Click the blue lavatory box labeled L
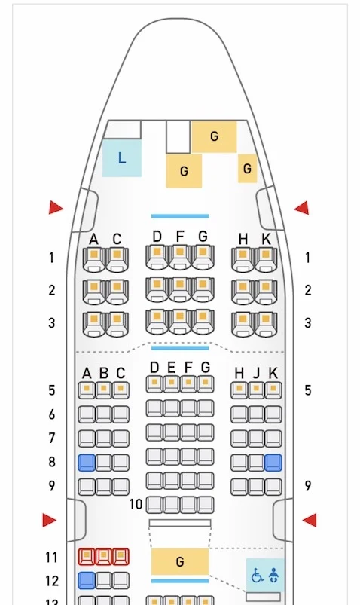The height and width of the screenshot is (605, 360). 122,157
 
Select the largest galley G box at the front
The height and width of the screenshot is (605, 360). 214,136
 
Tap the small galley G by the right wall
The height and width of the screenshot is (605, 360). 247,168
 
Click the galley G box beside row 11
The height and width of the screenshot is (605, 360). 180,561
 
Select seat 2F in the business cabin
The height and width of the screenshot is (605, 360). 180,289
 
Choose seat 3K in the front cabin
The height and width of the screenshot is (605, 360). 265,324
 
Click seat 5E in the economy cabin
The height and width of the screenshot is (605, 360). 171,384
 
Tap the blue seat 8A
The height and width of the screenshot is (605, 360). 87,463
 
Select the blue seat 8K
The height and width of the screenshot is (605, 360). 273,463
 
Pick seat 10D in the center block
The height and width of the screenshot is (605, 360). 154,505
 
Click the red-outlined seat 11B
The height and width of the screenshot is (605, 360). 103,556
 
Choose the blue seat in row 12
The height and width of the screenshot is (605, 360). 87,580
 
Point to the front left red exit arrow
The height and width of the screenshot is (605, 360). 56,208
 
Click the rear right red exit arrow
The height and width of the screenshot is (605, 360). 310,520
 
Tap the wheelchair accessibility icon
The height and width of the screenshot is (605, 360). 258,576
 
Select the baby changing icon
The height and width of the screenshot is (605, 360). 273,575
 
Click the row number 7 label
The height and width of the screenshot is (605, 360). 52,438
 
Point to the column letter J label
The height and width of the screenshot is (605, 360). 256,374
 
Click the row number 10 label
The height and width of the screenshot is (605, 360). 136,504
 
